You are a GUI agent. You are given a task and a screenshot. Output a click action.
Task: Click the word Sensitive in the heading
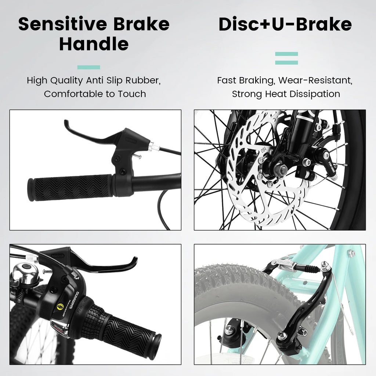pos(62,24)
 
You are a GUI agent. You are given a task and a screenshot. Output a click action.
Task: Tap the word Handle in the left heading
pos(94,44)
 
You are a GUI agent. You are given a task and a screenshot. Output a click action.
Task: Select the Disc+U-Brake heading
pos(285,25)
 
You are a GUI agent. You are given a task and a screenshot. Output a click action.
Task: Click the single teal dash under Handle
pos(88,68)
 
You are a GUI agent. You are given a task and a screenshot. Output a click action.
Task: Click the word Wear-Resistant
pos(315,80)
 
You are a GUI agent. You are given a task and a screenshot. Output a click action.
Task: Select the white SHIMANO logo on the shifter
pos(74,301)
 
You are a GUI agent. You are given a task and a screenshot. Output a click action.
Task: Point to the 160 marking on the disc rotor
pos(263,150)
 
